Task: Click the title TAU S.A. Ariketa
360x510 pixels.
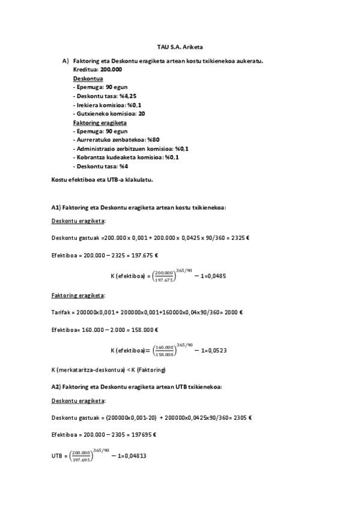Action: [x=180, y=47]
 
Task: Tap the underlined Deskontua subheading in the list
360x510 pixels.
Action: [x=87, y=79]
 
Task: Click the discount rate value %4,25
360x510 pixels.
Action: [x=129, y=96]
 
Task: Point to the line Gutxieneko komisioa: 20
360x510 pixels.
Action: [x=110, y=114]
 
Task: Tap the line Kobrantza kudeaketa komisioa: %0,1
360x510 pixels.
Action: [x=127, y=157]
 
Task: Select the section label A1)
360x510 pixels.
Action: [x=56, y=207]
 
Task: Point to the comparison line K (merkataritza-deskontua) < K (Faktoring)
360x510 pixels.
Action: [x=108, y=369]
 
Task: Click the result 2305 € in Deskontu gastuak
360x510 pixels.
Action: [x=240, y=417]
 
